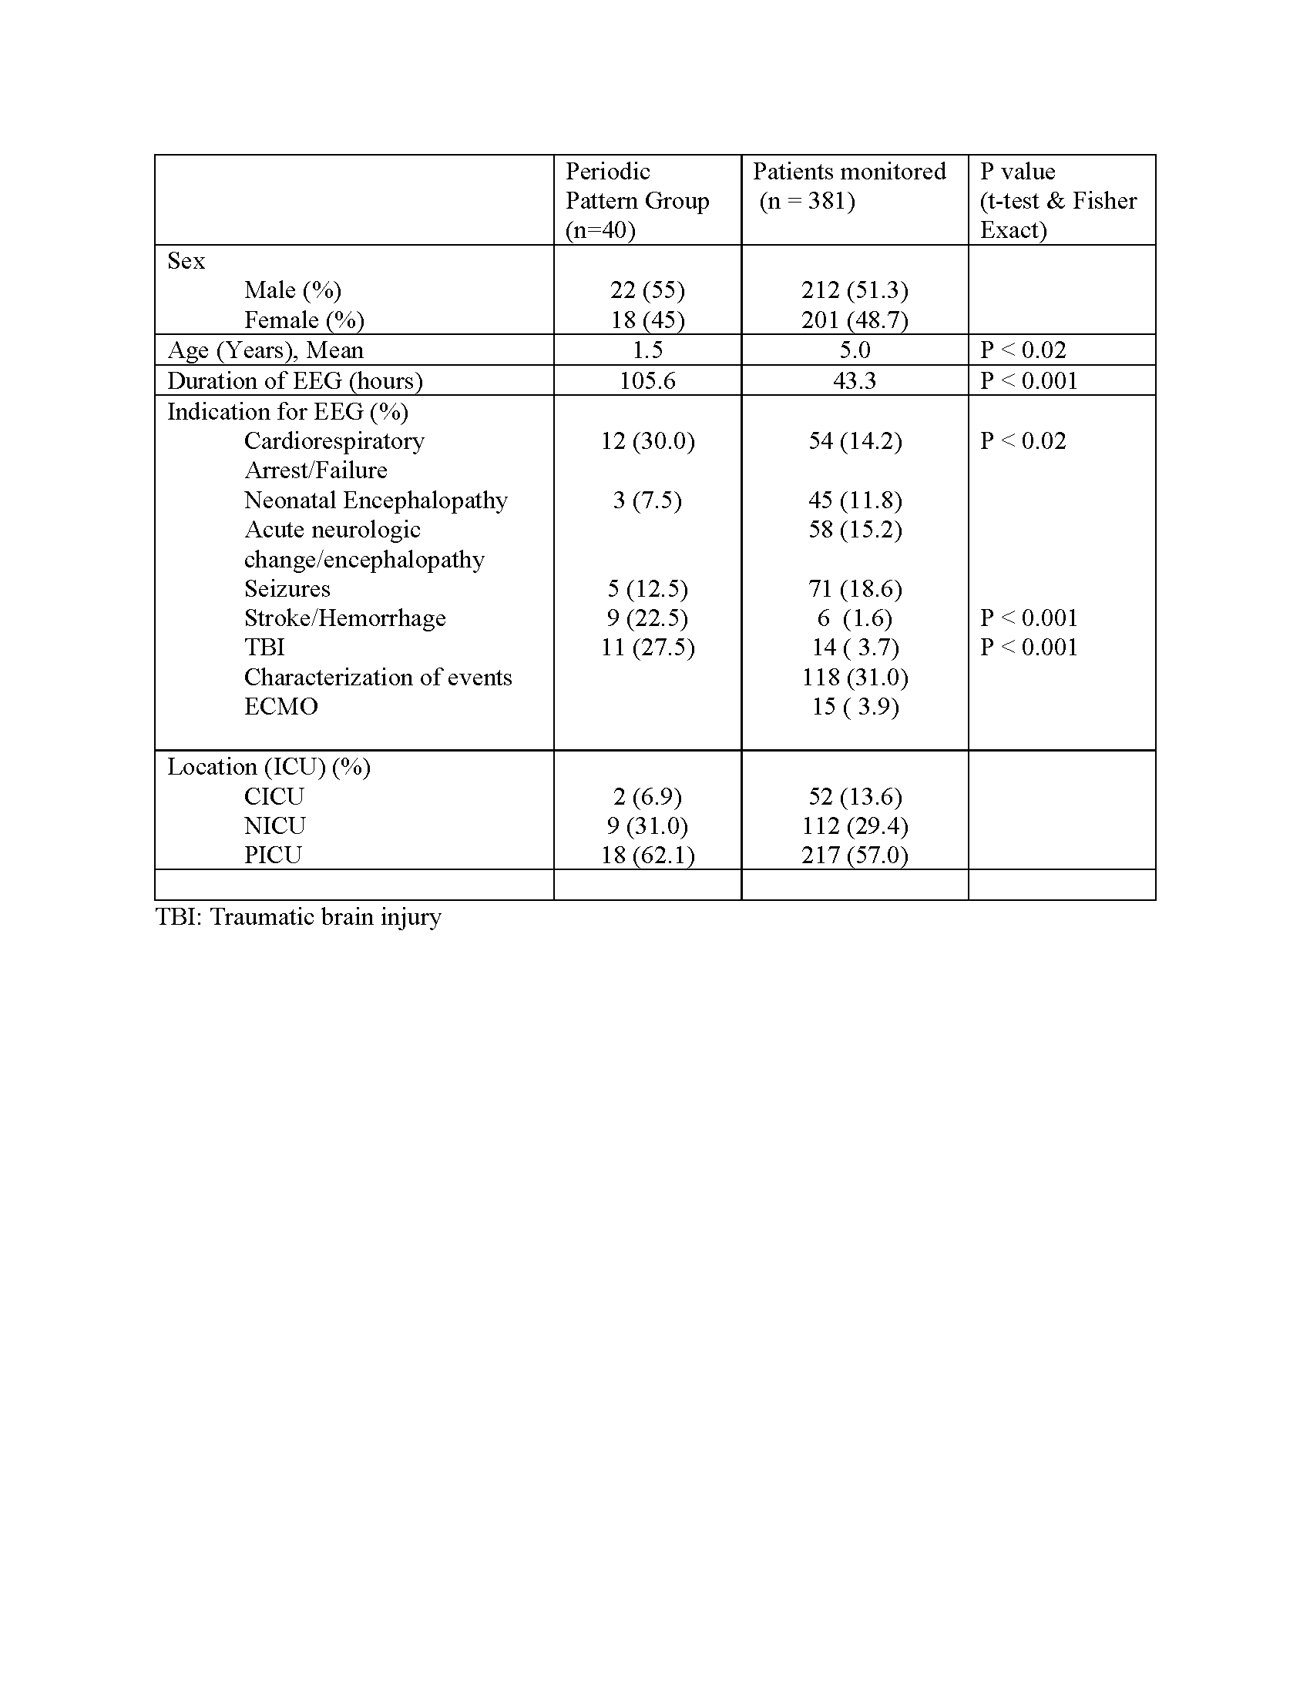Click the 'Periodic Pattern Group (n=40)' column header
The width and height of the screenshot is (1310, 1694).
tap(637, 200)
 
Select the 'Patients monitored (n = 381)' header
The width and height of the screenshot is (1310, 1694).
tap(849, 186)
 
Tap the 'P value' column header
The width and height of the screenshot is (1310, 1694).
tap(1017, 172)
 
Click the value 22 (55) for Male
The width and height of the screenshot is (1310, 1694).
tap(647, 290)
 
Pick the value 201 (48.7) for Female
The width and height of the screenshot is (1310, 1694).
tap(855, 320)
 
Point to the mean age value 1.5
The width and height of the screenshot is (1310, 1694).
tap(647, 350)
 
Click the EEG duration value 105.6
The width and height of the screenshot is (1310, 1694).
tap(647, 380)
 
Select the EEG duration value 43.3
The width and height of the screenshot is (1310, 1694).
tap(855, 380)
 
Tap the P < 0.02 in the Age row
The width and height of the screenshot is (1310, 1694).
tap(1023, 350)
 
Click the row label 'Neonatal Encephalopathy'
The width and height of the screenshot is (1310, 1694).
tap(375, 500)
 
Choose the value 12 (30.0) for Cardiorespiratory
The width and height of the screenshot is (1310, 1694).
tap(647, 440)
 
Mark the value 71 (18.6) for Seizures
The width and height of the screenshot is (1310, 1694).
tap(855, 589)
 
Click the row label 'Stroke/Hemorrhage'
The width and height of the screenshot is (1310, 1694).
tap(344, 618)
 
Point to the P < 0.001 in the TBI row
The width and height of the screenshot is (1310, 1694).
tap(1028, 648)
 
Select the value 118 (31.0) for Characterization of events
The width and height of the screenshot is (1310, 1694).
tap(855, 677)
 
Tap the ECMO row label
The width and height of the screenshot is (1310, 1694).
tap(281, 707)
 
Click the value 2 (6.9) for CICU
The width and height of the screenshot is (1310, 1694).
tap(647, 797)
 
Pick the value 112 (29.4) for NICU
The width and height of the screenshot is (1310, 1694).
tap(855, 826)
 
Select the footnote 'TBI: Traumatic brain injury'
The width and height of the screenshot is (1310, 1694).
tap(298, 917)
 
